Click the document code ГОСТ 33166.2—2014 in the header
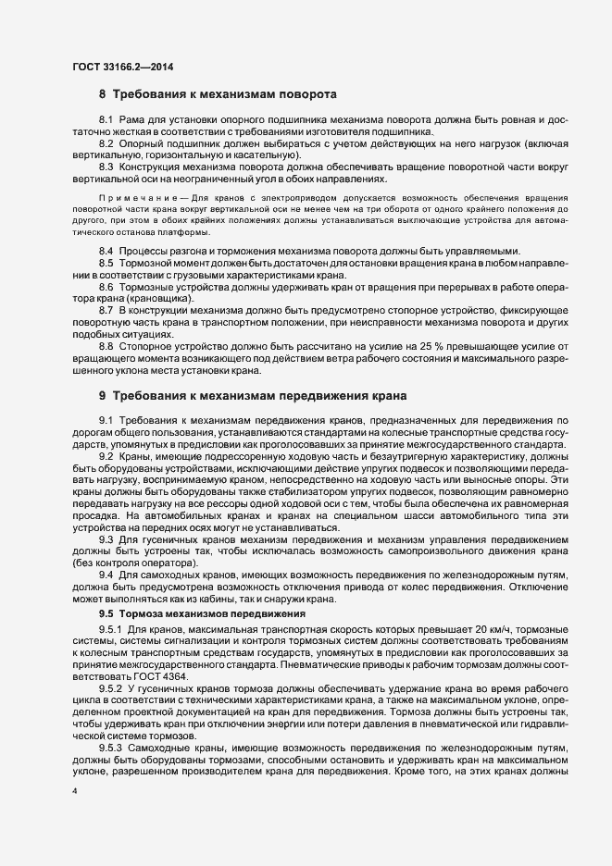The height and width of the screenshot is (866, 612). click(122, 67)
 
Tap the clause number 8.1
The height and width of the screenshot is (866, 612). click(106, 121)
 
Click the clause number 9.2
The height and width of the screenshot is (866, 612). click(106, 456)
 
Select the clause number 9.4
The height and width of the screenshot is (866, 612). click(106, 575)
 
